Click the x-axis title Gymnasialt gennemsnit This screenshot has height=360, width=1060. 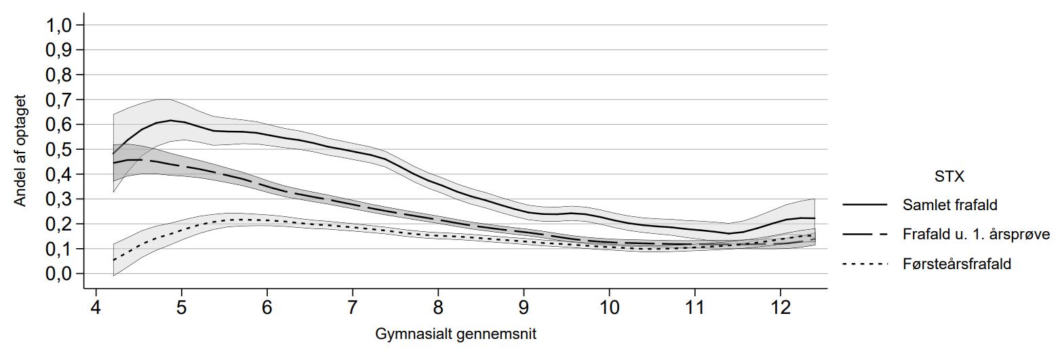pos(456,335)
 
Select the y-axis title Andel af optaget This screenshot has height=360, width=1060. pos(22,149)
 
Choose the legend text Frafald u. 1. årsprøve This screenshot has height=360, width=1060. pos(977,235)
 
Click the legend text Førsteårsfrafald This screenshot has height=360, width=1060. pos(957,264)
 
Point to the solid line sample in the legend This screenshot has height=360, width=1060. pos(865,204)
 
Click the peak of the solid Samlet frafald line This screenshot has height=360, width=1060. pos(170,120)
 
